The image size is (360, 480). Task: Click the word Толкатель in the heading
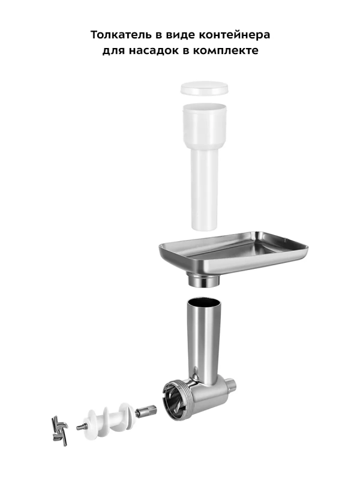click(121, 35)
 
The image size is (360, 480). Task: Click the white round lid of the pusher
click(205, 88)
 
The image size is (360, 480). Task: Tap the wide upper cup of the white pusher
click(205, 126)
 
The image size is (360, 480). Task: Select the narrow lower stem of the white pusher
click(204, 190)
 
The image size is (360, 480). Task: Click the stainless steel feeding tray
click(233, 251)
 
